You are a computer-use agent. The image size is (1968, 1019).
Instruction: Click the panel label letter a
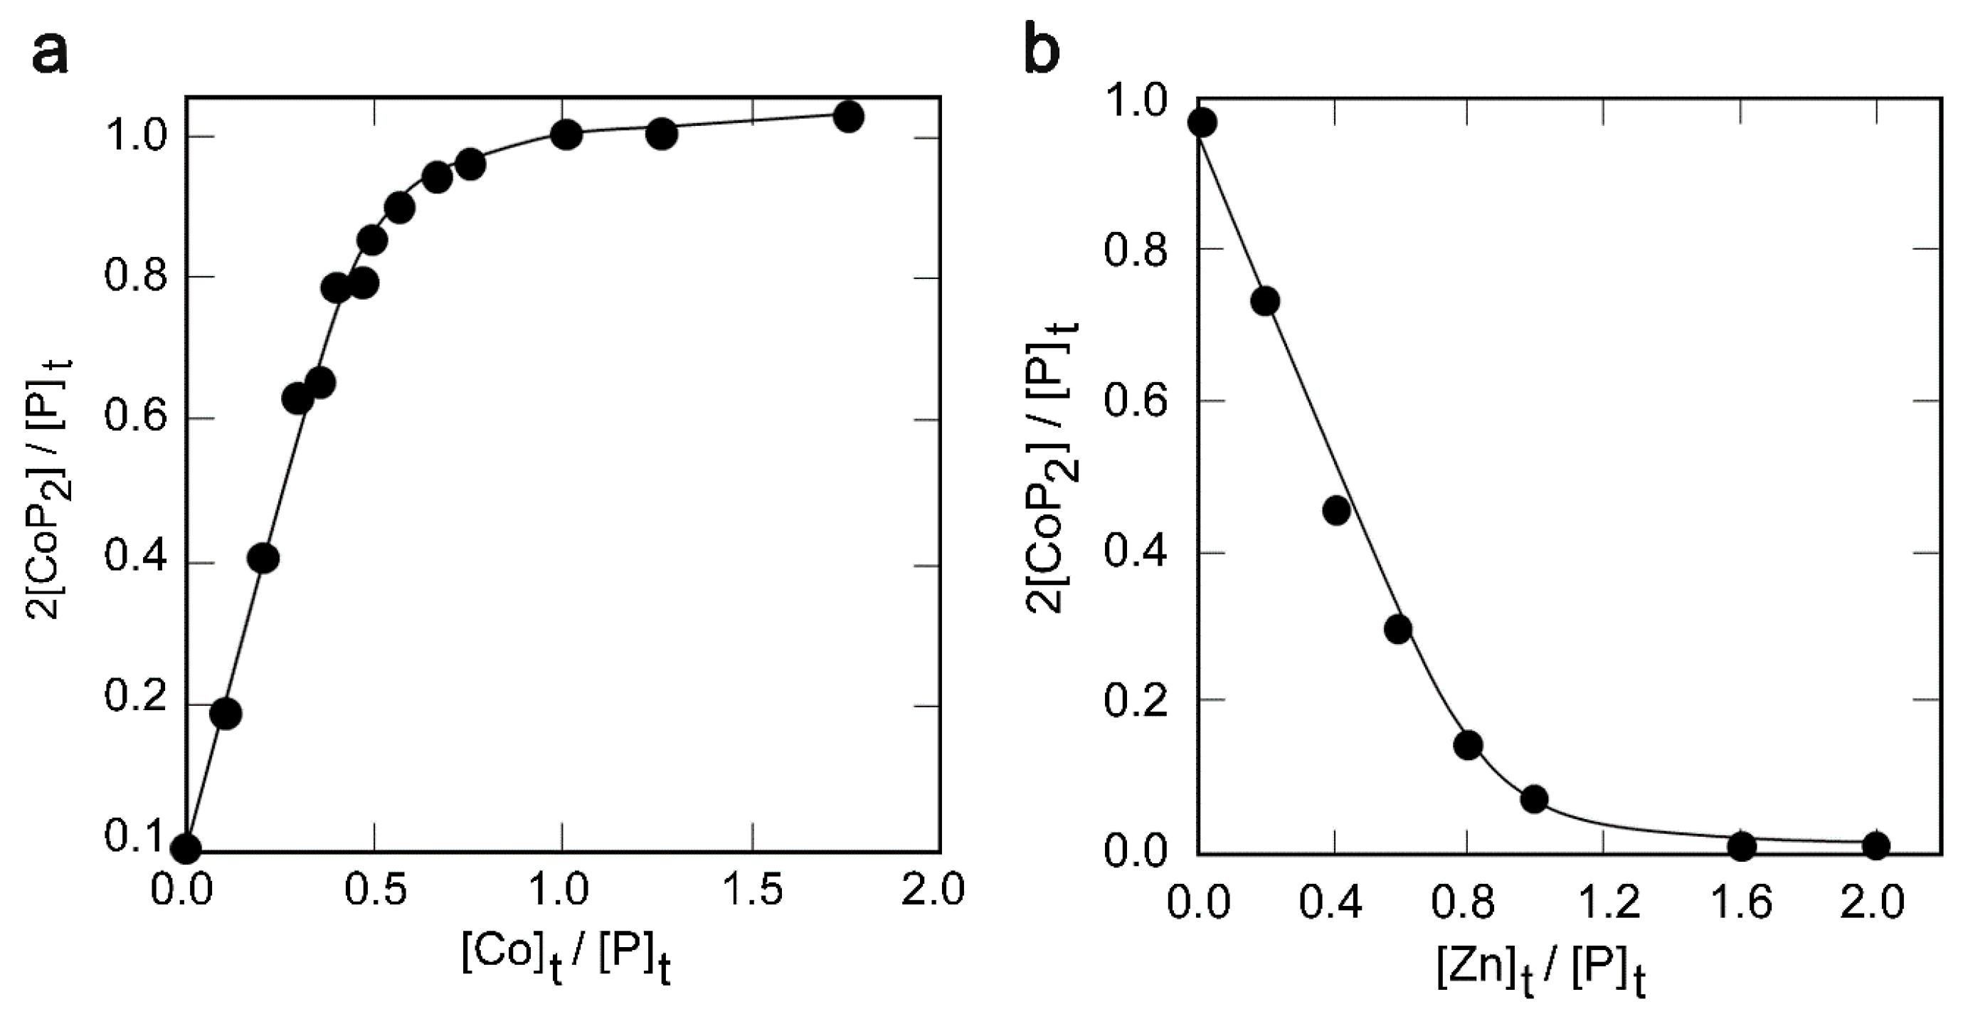51,53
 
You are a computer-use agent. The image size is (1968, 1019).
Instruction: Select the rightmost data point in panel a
848,117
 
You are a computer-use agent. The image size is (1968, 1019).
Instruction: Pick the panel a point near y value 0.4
263,559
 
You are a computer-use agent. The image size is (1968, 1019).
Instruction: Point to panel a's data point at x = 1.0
566,135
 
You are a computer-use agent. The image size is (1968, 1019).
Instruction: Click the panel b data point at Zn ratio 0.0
1202,122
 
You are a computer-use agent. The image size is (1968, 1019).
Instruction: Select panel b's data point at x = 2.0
1876,845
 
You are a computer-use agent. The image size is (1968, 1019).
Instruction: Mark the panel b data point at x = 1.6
1742,845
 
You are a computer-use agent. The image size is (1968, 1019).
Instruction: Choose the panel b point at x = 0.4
1335,510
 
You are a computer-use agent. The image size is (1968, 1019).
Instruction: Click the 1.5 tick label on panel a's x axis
753,890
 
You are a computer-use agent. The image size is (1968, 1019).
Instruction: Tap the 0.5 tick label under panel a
374,890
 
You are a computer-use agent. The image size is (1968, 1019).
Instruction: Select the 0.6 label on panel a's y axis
135,418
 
